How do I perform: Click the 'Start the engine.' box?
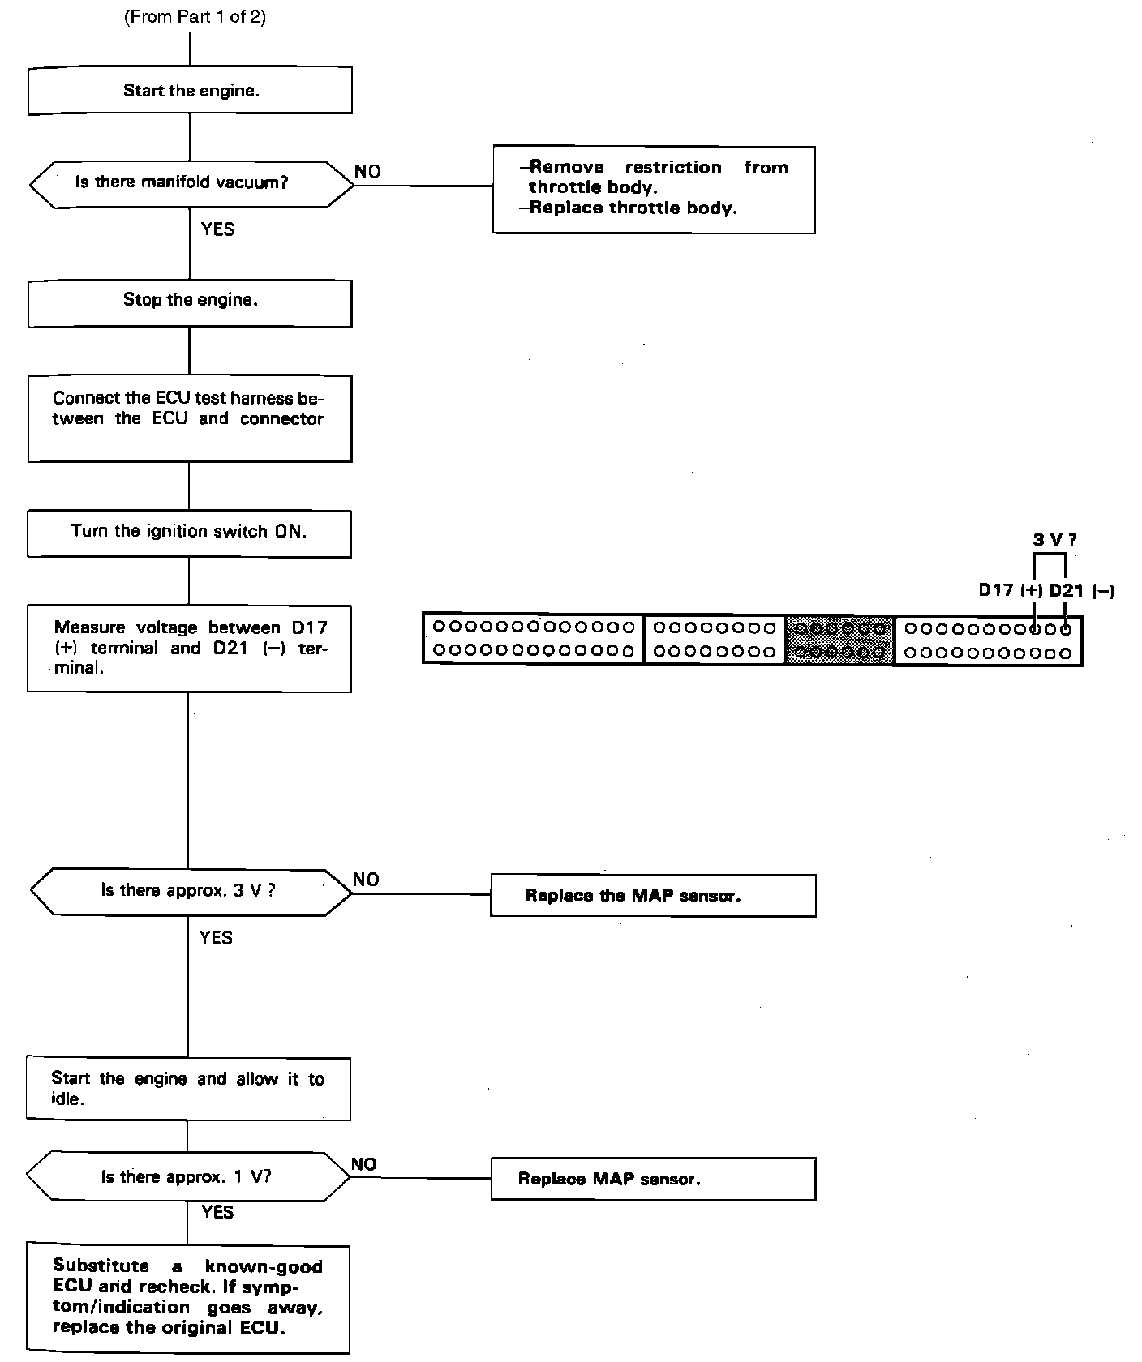[x=190, y=90]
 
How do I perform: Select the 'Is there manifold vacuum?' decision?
[x=191, y=183]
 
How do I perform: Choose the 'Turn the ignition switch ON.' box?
[x=189, y=533]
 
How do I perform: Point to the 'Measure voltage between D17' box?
[x=189, y=648]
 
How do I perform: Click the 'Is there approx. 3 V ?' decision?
[x=191, y=891]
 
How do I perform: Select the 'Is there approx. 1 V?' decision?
[x=188, y=1177]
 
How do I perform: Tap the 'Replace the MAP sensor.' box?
[x=653, y=895]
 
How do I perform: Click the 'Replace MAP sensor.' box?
[x=653, y=1179]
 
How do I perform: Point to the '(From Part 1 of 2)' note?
[x=195, y=17]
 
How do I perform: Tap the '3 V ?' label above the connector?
[x=1054, y=540]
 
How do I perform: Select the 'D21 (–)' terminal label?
[x=1081, y=591]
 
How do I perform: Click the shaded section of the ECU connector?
[x=839, y=640]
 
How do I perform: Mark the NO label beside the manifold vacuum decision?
[x=367, y=172]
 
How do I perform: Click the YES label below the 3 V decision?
[x=216, y=938]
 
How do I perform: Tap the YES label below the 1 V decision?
[x=217, y=1212]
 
